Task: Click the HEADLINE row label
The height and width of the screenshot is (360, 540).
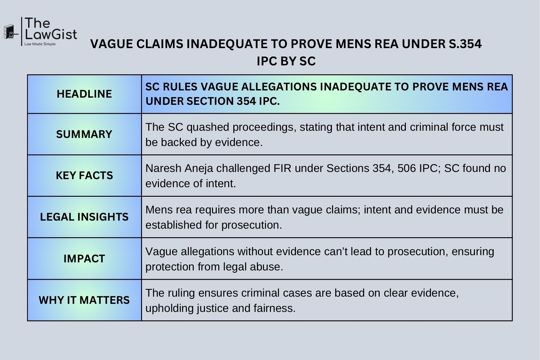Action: tap(84, 94)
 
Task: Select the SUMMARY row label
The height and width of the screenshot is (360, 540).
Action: tap(84, 134)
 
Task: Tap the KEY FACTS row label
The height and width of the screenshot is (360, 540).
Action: tap(84, 175)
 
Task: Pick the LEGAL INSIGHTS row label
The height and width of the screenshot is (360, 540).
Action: tap(84, 217)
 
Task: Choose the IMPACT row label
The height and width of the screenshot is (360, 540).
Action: tap(84, 259)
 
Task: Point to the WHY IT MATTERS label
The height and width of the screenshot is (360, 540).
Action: tap(84, 300)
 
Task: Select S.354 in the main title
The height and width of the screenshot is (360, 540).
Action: tap(465, 44)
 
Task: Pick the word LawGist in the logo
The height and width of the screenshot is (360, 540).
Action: tap(51, 35)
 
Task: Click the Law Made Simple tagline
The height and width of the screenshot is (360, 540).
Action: tap(40, 44)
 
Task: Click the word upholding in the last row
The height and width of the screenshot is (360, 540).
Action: tap(170, 308)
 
